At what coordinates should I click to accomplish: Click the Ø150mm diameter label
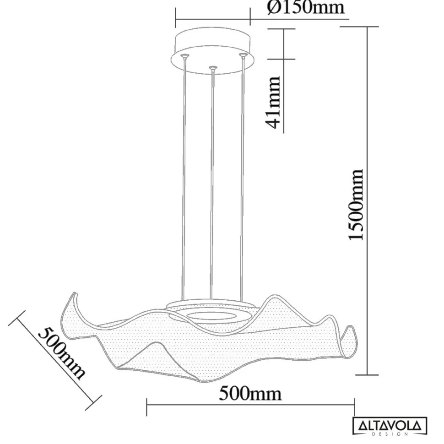tap(305, 8)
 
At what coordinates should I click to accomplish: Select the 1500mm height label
tap(356, 204)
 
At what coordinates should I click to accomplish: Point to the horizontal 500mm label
tap(250, 393)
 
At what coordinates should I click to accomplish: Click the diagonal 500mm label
tap(61, 352)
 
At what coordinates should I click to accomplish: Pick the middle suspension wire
tap(212, 183)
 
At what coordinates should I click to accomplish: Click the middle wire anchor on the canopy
tap(212, 68)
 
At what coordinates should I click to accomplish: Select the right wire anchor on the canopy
tap(243, 56)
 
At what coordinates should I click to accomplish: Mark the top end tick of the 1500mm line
tap(366, 27)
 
